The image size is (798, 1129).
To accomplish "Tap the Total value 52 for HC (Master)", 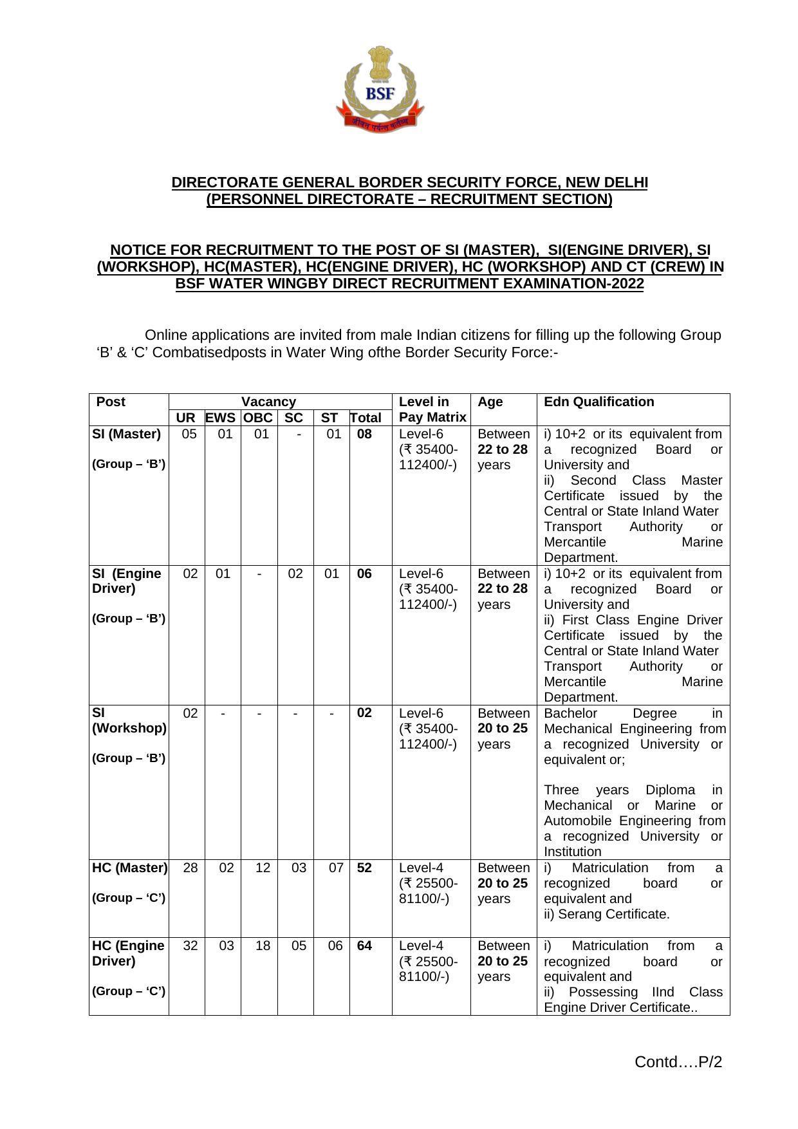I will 364,868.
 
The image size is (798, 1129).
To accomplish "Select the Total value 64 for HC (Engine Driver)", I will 364,946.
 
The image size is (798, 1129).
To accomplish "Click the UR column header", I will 185,418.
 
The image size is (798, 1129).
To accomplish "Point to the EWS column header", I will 220,418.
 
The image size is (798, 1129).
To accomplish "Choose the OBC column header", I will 258,418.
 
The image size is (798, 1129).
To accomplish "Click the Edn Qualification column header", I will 598,402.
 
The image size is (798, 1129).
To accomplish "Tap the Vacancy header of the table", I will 268,402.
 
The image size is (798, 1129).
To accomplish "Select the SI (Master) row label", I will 127,434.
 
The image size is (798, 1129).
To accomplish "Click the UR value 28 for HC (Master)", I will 190,868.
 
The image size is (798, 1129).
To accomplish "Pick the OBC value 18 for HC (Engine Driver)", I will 263,946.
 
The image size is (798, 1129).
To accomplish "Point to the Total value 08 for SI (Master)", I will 364,434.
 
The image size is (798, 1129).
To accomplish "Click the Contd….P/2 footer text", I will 678,1061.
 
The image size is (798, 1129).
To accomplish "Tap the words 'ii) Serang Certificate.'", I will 606,914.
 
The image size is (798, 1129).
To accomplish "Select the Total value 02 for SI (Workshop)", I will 364,713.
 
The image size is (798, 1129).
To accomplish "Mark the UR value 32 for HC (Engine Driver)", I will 190,946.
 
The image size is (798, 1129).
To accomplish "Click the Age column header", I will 490,402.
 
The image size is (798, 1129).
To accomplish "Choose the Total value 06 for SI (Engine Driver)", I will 364,574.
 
